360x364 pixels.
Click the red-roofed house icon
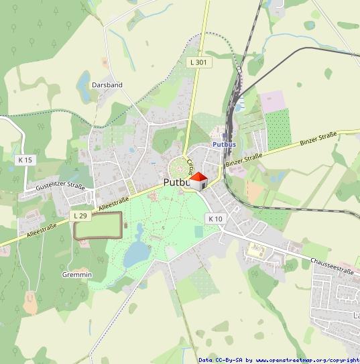(x=198, y=180)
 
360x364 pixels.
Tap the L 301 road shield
(x=197, y=62)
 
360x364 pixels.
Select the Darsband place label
(x=107, y=85)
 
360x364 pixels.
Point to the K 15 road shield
(x=25, y=160)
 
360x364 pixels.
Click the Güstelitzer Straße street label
(x=61, y=187)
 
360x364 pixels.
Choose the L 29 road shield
(x=80, y=215)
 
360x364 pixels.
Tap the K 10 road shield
(x=215, y=219)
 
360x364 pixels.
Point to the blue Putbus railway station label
(x=224, y=144)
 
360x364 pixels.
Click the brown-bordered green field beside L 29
(x=98, y=226)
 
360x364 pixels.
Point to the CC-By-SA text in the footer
(x=227, y=360)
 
